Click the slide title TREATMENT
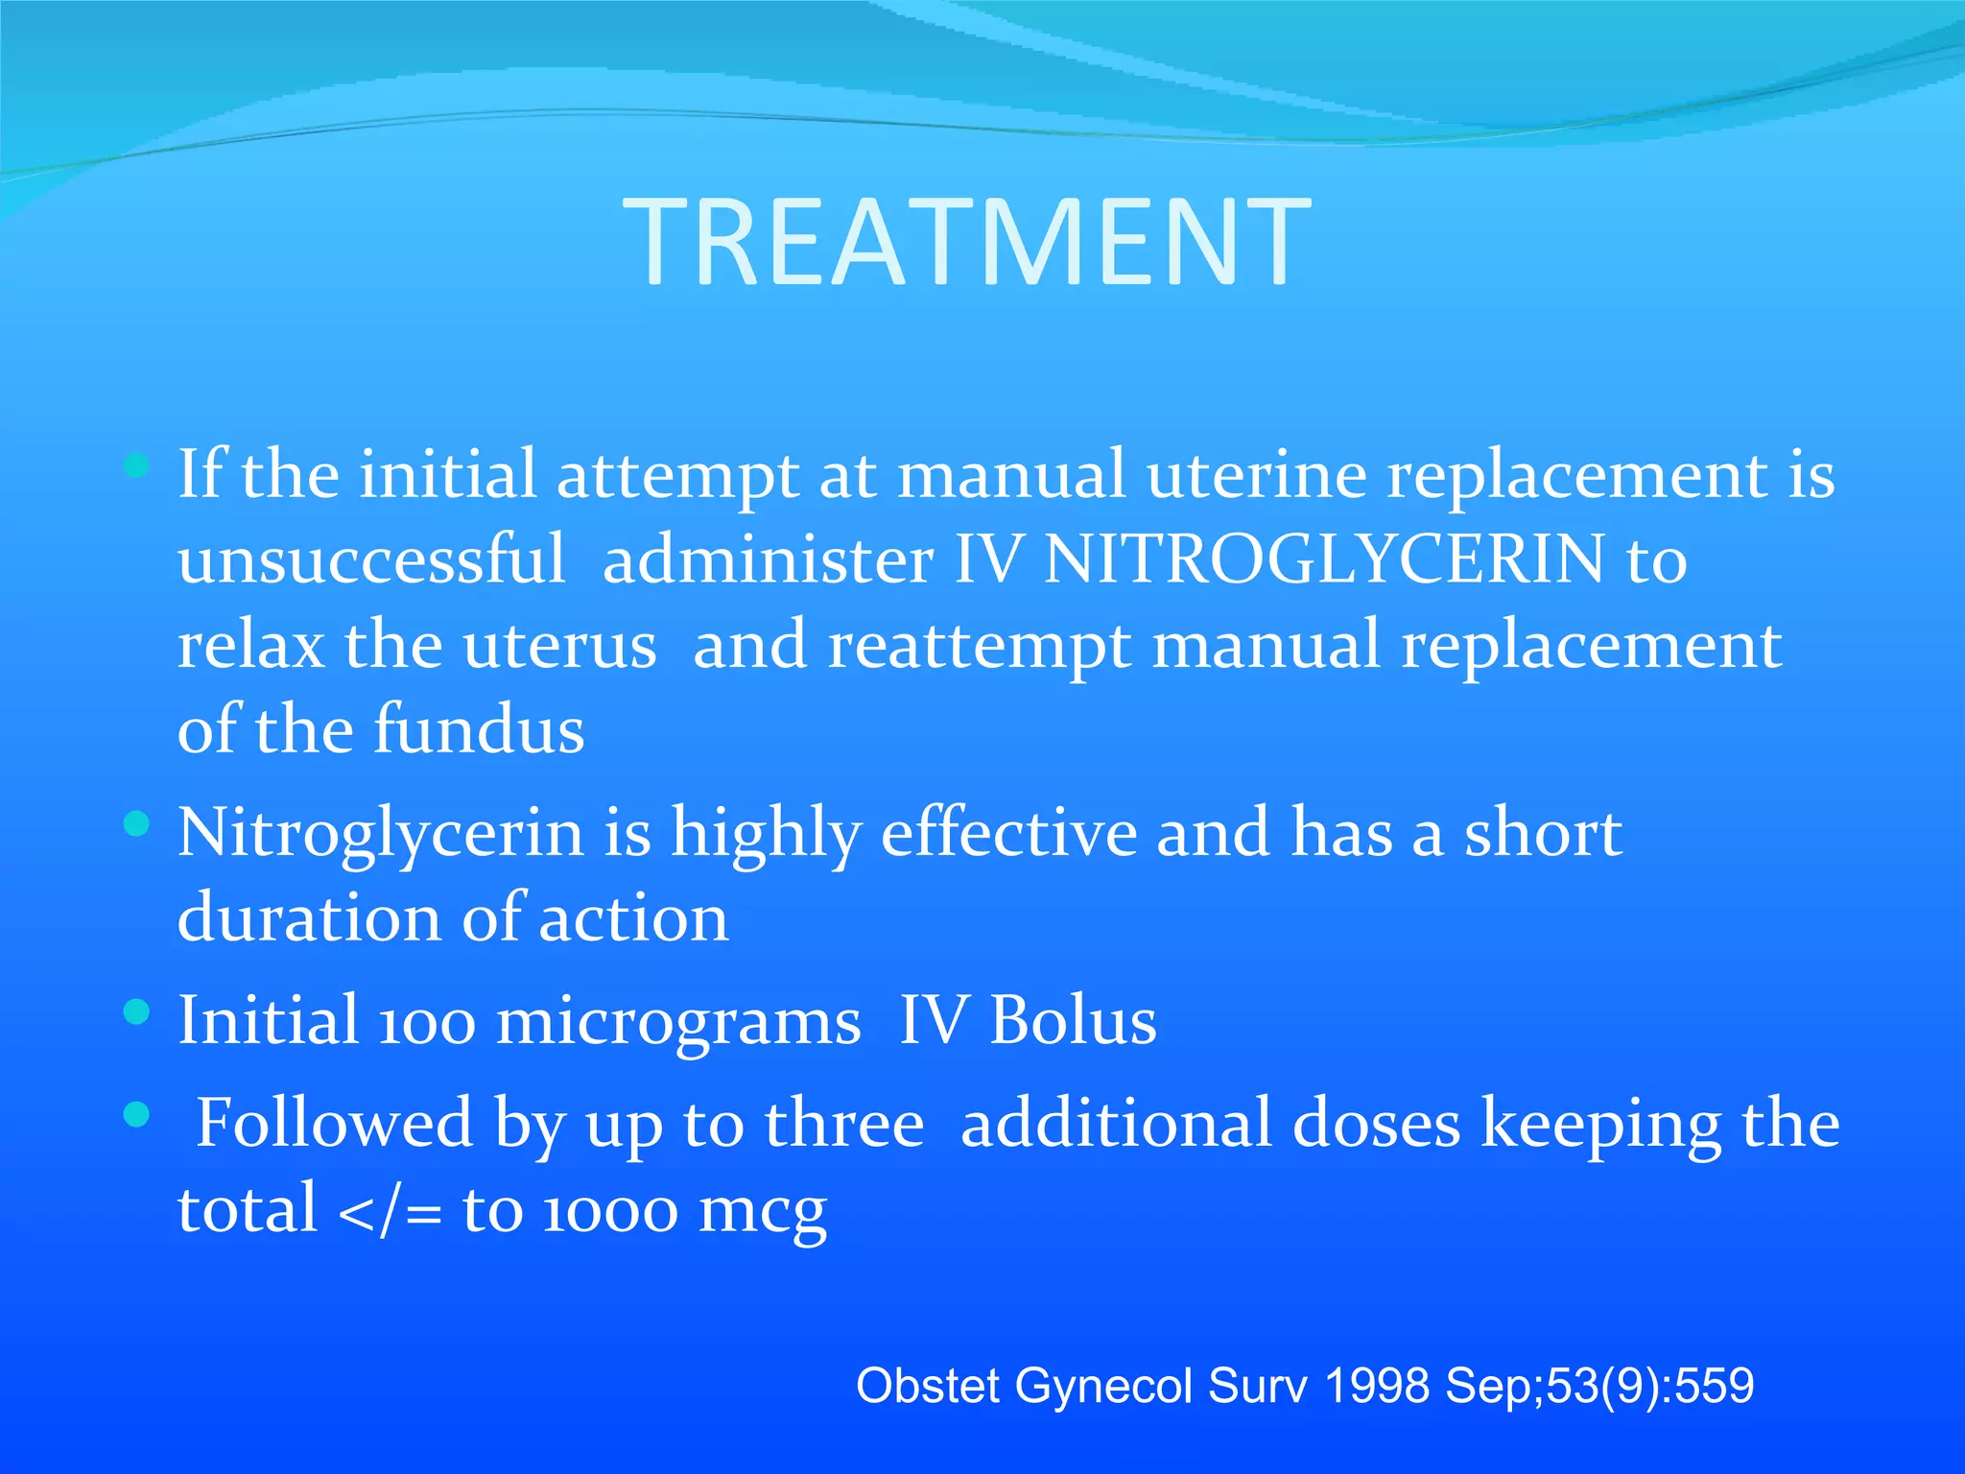967,242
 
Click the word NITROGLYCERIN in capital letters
1324,559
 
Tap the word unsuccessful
371,559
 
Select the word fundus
479,728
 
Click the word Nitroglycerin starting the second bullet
380,833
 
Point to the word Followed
334,1123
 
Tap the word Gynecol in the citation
1103,1386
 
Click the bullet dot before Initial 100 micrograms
137,1011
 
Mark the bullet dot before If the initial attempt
137,466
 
